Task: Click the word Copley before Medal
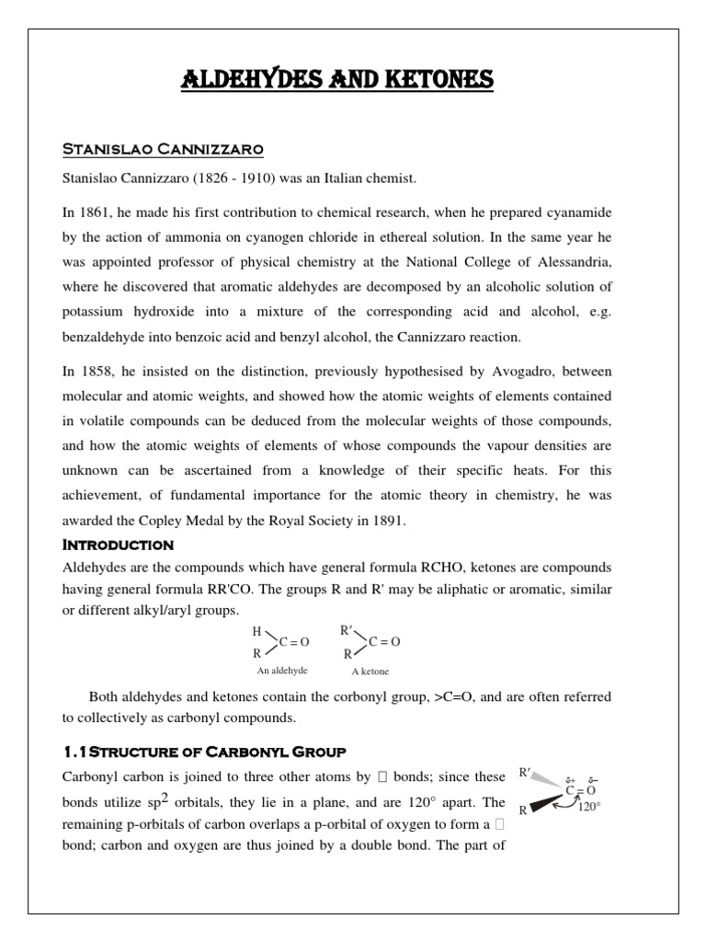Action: [174, 521]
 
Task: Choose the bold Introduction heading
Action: [118, 546]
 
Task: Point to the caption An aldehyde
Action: [282, 671]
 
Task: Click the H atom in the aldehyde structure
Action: [256, 632]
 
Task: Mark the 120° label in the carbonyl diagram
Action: [587, 807]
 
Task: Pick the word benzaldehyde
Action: [103, 336]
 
